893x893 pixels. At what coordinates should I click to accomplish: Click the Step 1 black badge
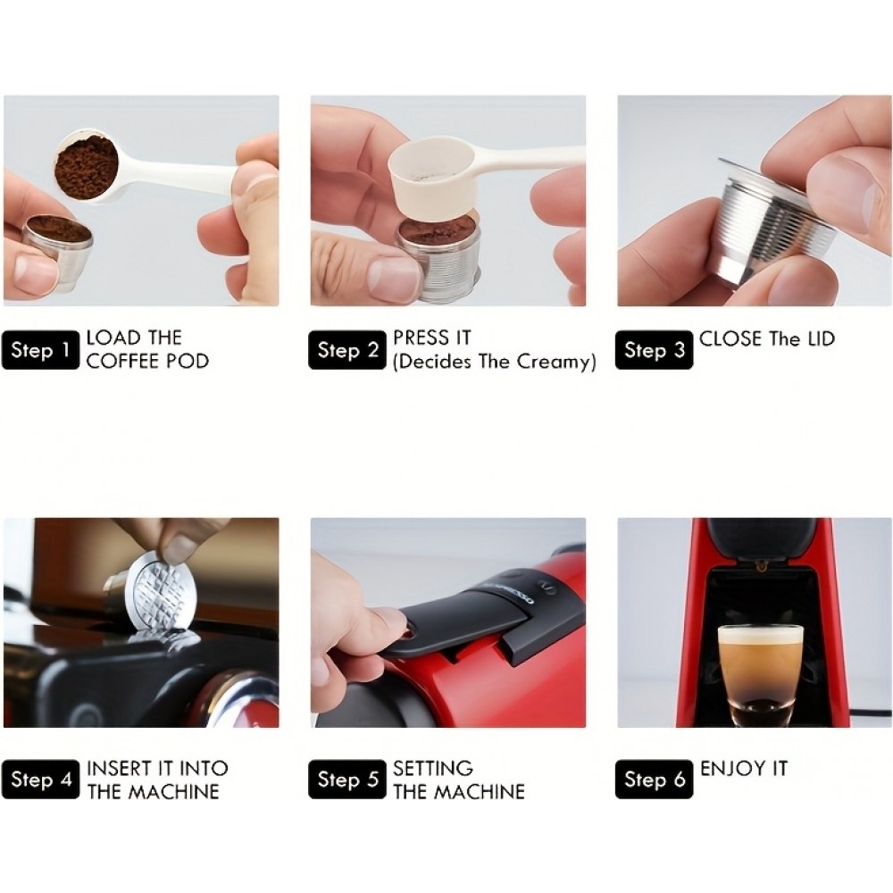[40, 351]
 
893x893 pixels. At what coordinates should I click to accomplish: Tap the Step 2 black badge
[347, 351]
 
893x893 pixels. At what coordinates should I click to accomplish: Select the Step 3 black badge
[655, 351]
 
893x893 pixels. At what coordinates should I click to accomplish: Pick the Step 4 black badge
[40, 780]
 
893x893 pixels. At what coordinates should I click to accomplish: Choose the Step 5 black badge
[347, 780]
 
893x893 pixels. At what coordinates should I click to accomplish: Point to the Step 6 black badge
[655, 780]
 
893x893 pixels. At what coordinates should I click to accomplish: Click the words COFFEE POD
[147, 362]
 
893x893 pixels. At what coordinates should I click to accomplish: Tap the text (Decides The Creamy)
[495, 362]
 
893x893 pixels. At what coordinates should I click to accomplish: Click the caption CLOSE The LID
[767, 339]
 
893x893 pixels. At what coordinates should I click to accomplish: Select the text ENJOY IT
[744, 768]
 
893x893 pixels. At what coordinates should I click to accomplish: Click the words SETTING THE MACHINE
[459, 780]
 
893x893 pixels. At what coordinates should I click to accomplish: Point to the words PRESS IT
[432, 338]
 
